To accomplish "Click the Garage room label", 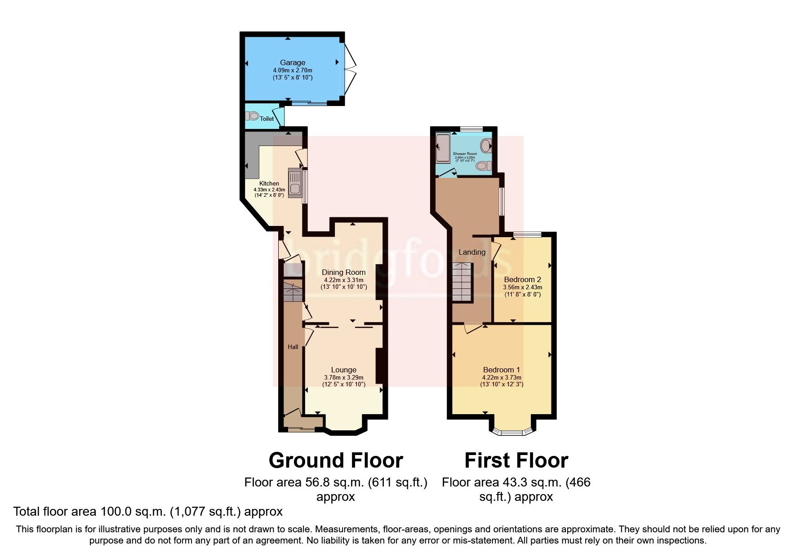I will click(x=293, y=62).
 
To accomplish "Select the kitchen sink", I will click(x=295, y=183).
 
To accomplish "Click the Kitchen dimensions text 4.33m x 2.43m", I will click(x=269, y=190).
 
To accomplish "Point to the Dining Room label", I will click(x=343, y=272).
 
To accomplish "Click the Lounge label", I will click(x=343, y=370).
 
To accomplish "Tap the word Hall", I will click(x=293, y=347).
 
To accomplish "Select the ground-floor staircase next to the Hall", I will click(x=293, y=292).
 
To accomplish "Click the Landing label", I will click(x=471, y=252).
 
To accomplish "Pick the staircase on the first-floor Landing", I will click(x=462, y=283).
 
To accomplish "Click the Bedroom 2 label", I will click(x=522, y=279).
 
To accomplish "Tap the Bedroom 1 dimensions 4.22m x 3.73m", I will click(x=502, y=378).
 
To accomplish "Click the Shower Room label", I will click(x=465, y=154).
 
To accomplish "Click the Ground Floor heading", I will click(x=336, y=460).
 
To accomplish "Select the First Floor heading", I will click(x=516, y=460).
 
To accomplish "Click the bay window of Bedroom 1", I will click(x=512, y=433).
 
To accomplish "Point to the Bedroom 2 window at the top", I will click(x=528, y=234).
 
